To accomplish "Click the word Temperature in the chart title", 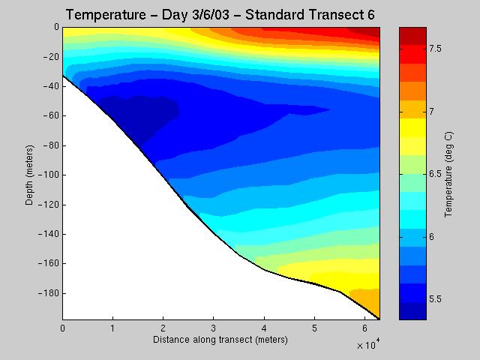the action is pyautogui.click(x=106, y=15).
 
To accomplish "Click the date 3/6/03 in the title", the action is pyautogui.click(x=211, y=15).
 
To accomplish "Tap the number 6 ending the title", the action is pyautogui.click(x=371, y=15).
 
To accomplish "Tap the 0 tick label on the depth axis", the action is pyautogui.click(x=56, y=27).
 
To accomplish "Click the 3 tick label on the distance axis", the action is pyautogui.click(x=213, y=328).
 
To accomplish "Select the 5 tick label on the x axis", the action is pyautogui.click(x=314, y=328).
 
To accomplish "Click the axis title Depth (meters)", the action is pyautogui.click(x=29, y=175).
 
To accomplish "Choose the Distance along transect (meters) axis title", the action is pyautogui.click(x=220, y=340).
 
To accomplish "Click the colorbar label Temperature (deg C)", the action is pyautogui.click(x=448, y=175).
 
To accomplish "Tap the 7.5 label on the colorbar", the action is pyautogui.click(x=435, y=49).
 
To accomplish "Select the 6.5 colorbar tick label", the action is pyautogui.click(x=435, y=174).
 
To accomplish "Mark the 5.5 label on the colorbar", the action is pyautogui.click(x=435, y=299).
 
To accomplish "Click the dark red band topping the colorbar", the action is pyautogui.click(x=412, y=36).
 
